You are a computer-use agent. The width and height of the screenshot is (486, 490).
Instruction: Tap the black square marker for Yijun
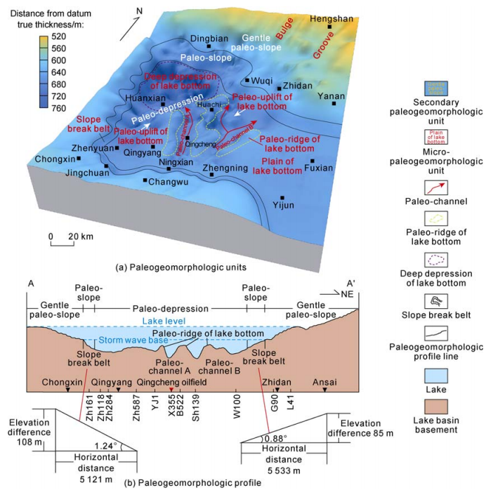point(282,198)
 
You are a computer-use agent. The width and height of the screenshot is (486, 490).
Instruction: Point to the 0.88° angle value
point(256,438)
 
